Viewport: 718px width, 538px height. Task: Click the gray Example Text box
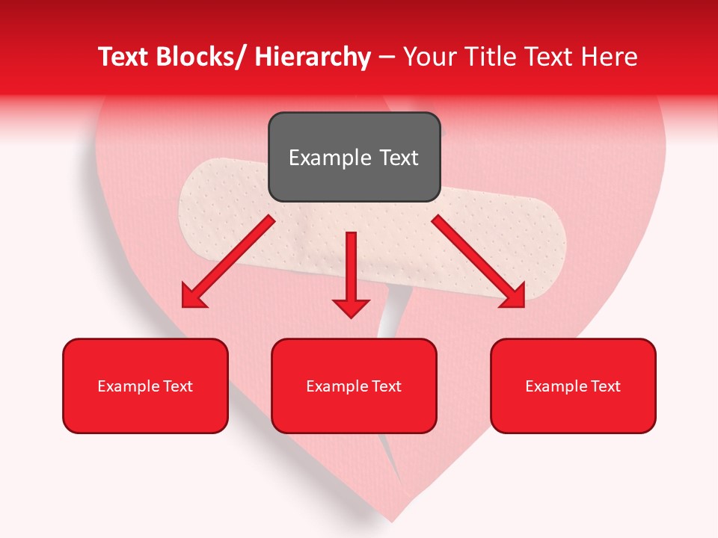click(x=354, y=157)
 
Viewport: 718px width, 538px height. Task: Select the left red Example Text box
click(x=145, y=386)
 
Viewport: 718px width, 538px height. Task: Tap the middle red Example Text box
click(x=354, y=386)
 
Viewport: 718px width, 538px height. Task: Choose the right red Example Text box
click(x=573, y=386)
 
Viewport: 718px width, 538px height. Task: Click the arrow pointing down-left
click(x=228, y=262)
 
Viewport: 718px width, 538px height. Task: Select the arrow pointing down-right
click(x=479, y=262)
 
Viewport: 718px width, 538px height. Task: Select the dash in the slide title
click(x=387, y=57)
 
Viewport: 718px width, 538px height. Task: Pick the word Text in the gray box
click(x=399, y=158)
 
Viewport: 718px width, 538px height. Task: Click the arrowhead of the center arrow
click(x=351, y=306)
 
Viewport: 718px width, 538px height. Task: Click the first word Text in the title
click(x=123, y=57)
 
